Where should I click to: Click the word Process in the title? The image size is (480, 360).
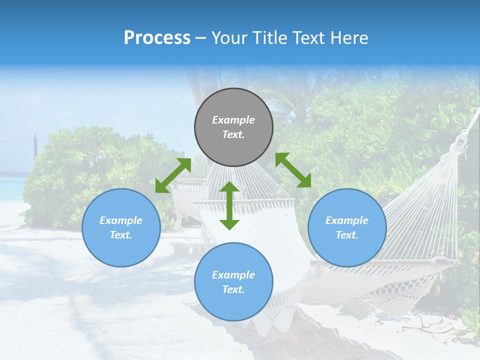(x=157, y=38)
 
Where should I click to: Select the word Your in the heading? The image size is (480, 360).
(x=229, y=38)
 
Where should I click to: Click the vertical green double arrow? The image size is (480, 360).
(x=229, y=205)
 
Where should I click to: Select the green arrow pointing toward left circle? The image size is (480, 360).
(x=173, y=175)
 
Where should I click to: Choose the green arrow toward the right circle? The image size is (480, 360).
(x=293, y=170)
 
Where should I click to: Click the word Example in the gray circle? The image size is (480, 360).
(x=233, y=120)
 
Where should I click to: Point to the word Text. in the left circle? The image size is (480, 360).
(x=121, y=235)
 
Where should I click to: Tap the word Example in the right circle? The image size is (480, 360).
(x=347, y=220)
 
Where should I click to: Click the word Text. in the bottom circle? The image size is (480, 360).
(x=233, y=289)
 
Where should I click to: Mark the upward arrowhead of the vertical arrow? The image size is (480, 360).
(x=229, y=187)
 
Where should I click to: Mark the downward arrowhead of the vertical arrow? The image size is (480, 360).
(x=229, y=224)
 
